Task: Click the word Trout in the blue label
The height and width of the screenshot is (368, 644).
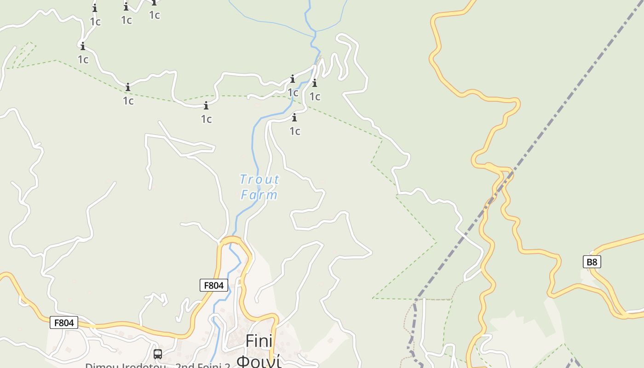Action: click(259, 179)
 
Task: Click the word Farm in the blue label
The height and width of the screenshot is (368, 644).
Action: click(259, 195)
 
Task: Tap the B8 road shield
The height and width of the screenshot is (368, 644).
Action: click(592, 262)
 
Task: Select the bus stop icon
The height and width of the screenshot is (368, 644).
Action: click(158, 354)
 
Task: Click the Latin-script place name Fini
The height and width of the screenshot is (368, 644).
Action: click(259, 341)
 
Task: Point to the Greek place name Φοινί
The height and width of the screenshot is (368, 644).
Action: click(259, 361)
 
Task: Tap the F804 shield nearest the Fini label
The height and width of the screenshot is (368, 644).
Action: click(214, 285)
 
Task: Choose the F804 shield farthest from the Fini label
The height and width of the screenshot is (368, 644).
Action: click(64, 323)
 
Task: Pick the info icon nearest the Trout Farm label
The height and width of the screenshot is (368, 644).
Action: click(294, 118)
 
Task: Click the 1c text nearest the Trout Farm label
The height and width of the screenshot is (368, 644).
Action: click(294, 131)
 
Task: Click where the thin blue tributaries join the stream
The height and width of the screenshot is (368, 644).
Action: click(315, 32)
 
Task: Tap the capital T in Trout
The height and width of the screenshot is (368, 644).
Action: click(243, 179)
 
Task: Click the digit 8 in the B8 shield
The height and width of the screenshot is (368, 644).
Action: click(594, 262)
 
